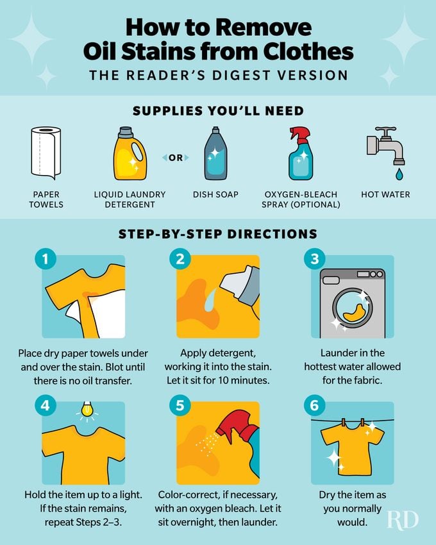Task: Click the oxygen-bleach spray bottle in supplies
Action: click(x=300, y=153)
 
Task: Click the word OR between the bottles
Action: click(x=175, y=157)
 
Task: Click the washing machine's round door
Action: click(x=352, y=307)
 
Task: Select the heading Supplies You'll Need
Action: click(x=218, y=111)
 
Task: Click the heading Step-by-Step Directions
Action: click(x=218, y=235)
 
